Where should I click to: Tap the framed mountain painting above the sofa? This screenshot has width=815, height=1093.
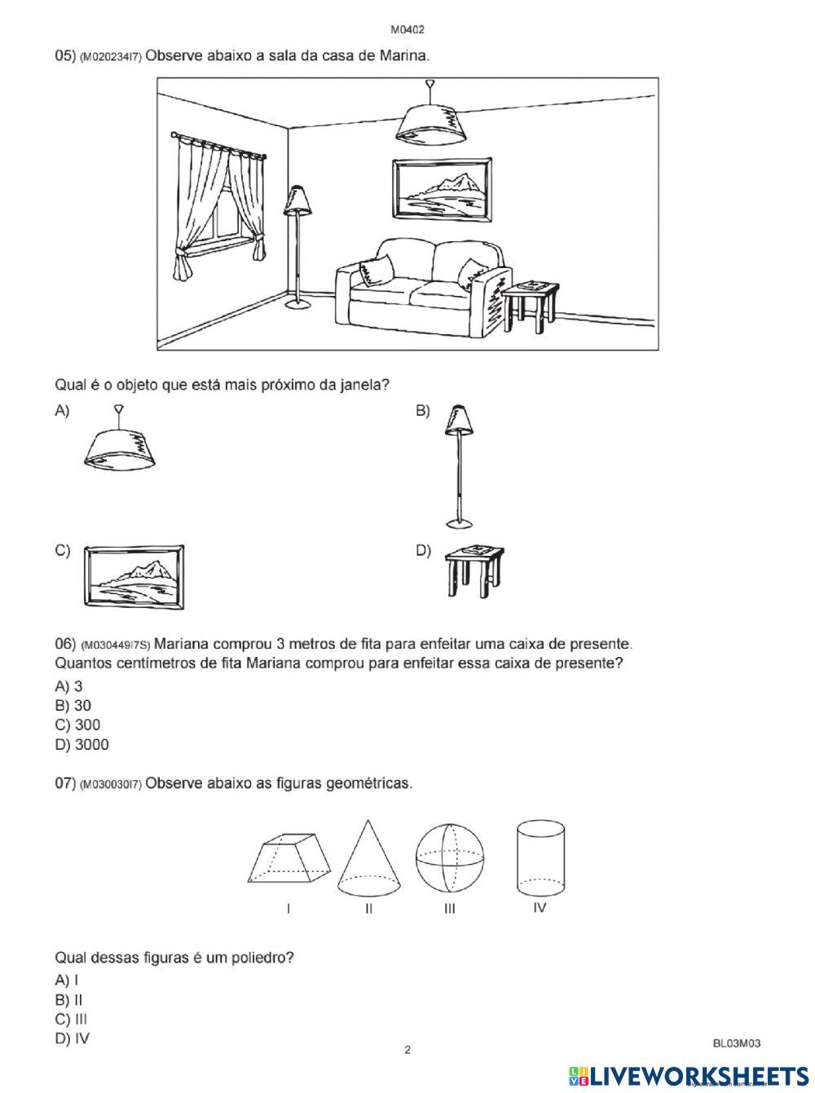coord(441,189)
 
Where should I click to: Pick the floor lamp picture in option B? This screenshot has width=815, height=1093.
coord(460,465)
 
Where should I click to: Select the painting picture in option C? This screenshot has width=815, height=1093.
coord(134,575)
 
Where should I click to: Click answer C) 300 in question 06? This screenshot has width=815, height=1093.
coord(78,725)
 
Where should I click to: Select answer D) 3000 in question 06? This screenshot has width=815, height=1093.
coord(81,744)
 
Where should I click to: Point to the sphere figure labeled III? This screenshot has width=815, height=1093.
coord(449,860)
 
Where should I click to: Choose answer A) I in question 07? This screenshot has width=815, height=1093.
coord(67,980)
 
